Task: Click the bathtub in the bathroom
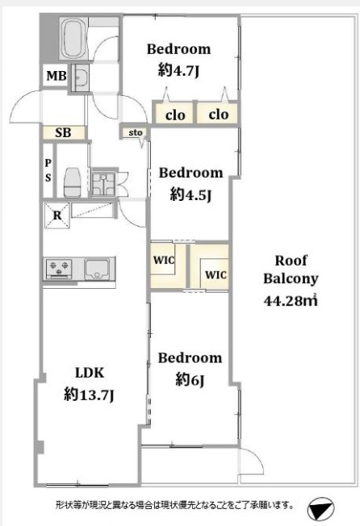coord(73,39)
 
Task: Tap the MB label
coord(56,76)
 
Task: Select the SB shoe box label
coord(63,133)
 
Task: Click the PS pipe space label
coord(48,170)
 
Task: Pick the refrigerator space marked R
coord(57,215)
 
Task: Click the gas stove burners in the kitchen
coord(59,268)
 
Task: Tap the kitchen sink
coord(97,269)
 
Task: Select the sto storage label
coord(136,133)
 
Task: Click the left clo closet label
coord(175,115)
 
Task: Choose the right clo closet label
coord(219,115)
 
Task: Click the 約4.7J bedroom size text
coord(179,70)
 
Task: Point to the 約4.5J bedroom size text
coord(190,194)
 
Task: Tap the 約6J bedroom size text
coord(190,380)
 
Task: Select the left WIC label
coord(164,260)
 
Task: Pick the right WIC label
coord(216,275)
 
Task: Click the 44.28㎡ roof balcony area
coord(291,300)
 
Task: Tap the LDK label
coord(90,373)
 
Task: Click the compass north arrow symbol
coord(320,509)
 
